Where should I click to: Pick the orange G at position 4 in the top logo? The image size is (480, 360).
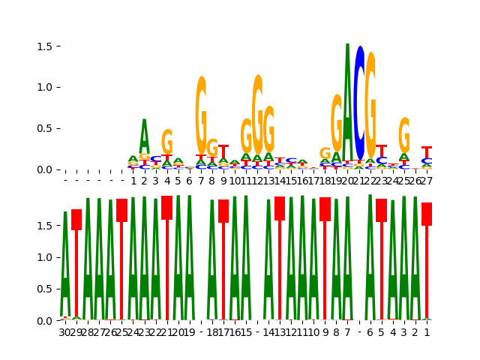pyautogui.click(x=166, y=142)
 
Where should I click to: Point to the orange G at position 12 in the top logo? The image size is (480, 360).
pyautogui.click(x=257, y=112)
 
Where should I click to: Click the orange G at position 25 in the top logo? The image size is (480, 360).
pyautogui.click(x=404, y=135)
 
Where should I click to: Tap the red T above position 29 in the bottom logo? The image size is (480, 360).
pyautogui.click(x=76, y=219)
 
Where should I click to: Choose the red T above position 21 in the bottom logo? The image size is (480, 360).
pyautogui.click(x=166, y=207)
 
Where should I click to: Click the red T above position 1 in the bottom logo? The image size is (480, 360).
pyautogui.click(x=427, y=214)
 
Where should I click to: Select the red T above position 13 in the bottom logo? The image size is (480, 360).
pyautogui.click(x=280, y=208)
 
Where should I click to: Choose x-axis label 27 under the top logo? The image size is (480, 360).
pyautogui.click(x=427, y=181)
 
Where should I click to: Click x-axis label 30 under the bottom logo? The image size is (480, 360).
pyautogui.click(x=65, y=332)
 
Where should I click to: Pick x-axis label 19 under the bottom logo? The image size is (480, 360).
pyautogui.click(x=189, y=332)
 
